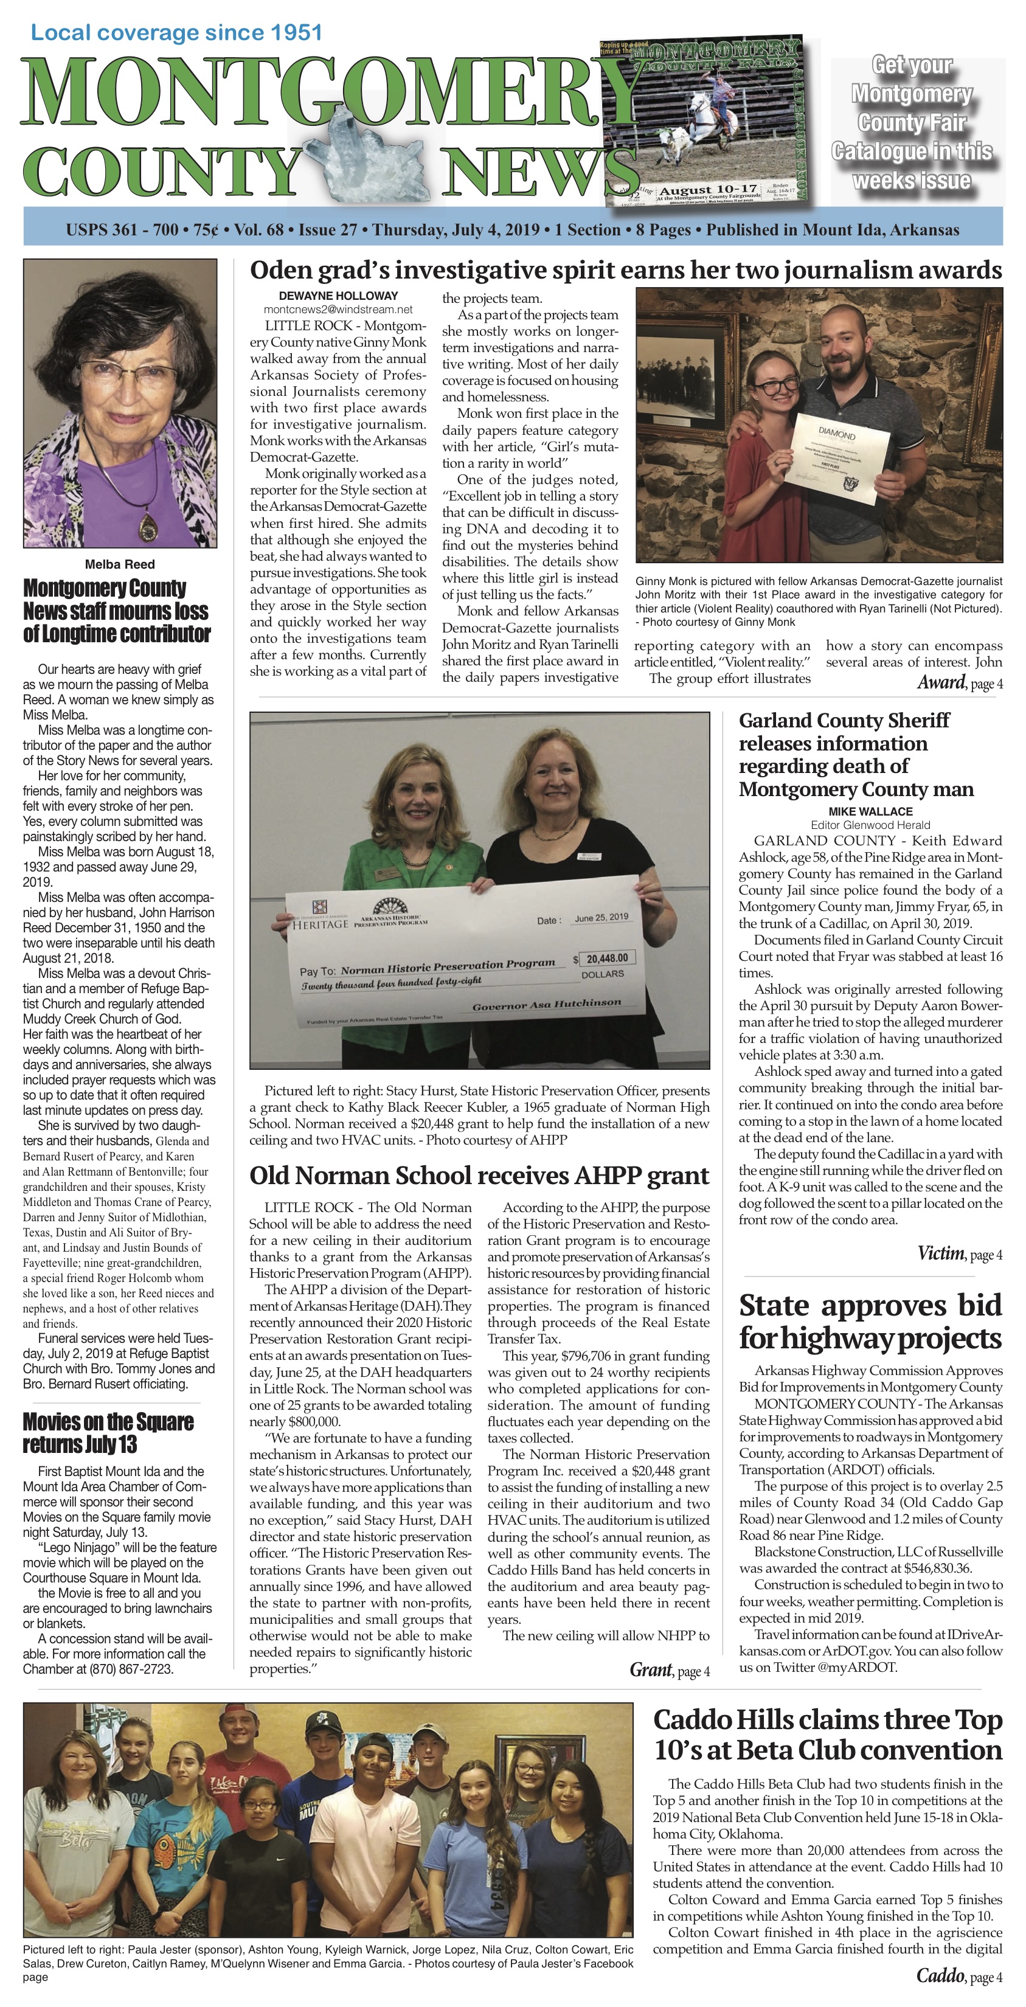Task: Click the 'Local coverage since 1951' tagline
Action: pyautogui.click(x=176, y=33)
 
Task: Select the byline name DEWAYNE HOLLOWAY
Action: pyautogui.click(x=338, y=296)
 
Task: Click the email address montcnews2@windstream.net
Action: pyautogui.click(x=338, y=310)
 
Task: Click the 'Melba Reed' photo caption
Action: pyautogui.click(x=120, y=564)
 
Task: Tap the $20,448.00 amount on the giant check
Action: pyautogui.click(x=607, y=957)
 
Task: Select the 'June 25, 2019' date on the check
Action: pyautogui.click(x=601, y=918)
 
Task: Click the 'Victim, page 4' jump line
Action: pyautogui.click(x=959, y=1253)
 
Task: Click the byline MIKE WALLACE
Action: pyautogui.click(x=870, y=811)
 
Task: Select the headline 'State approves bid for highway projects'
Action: pyautogui.click(x=870, y=1322)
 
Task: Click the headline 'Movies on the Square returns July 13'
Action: pyautogui.click(x=108, y=1432)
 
